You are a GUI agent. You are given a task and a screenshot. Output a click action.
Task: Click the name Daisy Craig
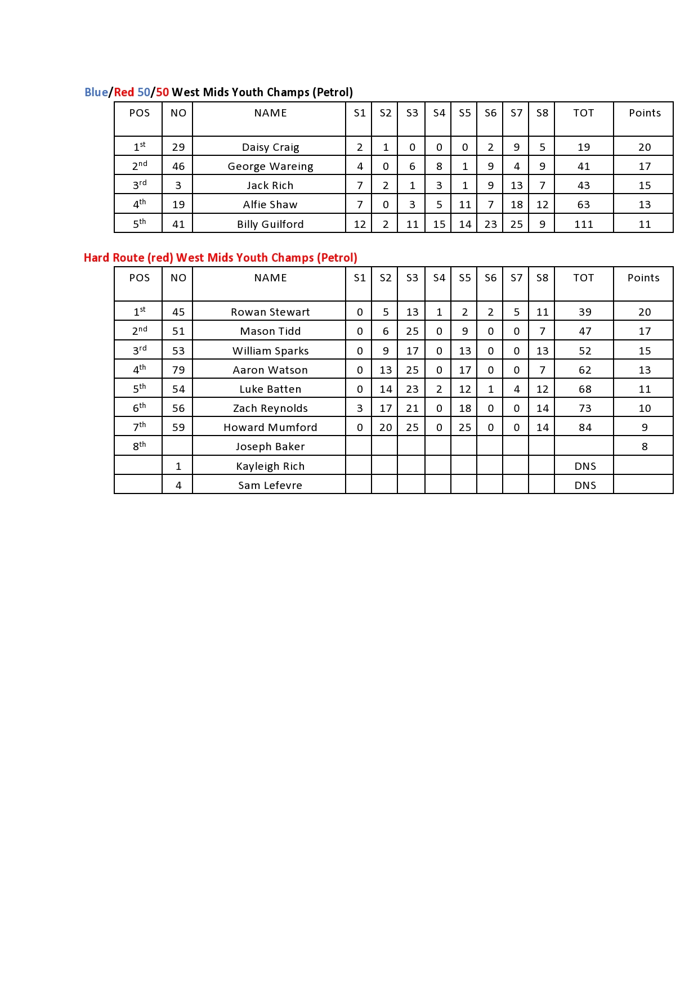tap(270, 147)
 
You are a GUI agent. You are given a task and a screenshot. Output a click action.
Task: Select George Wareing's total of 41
tap(584, 167)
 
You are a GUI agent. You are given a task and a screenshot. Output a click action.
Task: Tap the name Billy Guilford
tap(270, 225)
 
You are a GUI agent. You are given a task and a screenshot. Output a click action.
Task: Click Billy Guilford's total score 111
tap(584, 225)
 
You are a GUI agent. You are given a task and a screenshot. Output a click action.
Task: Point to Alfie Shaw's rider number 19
tap(178, 205)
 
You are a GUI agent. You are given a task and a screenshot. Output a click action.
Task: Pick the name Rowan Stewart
tap(270, 312)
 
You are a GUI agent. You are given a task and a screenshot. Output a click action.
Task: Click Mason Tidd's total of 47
tap(585, 331)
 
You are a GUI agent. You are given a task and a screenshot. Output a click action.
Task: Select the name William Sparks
tap(270, 351)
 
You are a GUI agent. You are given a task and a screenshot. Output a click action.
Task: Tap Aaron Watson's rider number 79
tap(178, 370)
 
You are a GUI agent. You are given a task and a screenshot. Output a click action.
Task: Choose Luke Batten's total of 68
tap(585, 389)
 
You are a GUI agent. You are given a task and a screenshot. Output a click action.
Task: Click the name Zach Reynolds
tap(270, 409)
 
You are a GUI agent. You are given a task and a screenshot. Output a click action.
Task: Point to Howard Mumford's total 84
tap(585, 428)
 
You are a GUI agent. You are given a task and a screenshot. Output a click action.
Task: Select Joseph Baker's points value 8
tap(645, 447)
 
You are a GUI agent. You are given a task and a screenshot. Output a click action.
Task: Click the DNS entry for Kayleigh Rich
tap(585, 466)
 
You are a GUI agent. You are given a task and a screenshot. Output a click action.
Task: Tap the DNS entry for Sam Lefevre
tap(585, 486)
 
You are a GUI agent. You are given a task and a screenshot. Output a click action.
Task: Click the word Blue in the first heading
tap(96, 92)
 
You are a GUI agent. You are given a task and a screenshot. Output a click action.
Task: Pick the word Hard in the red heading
tap(97, 258)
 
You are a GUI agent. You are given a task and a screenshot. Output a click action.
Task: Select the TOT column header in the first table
tap(584, 113)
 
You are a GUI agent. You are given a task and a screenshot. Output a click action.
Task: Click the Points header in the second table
tap(643, 278)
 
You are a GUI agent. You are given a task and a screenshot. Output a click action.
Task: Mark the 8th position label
tap(139, 446)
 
